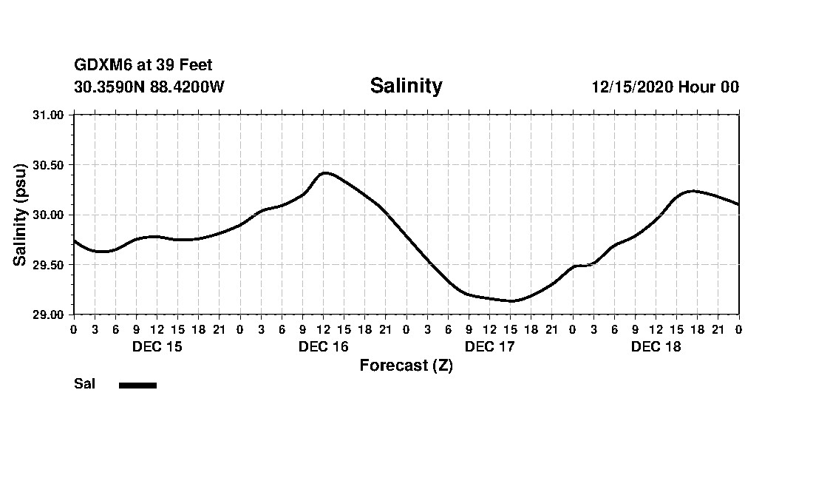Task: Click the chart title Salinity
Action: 406,86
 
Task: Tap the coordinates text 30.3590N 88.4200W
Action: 149,87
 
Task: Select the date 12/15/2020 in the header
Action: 632,87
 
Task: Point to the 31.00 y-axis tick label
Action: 49,115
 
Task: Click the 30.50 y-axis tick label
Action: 49,164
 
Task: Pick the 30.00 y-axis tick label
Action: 49,215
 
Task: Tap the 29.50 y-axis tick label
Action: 49,265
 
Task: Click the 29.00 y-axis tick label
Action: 49,314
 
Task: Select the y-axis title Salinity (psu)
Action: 20,214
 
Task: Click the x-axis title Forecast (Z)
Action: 406,366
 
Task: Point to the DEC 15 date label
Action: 157,347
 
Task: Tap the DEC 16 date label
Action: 323,347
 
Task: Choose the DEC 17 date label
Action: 489,347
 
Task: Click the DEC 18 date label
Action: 656,347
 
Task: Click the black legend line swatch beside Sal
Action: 137,385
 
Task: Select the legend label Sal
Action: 85,384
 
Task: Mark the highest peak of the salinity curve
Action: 325,172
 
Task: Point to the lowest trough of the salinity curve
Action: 511,301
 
